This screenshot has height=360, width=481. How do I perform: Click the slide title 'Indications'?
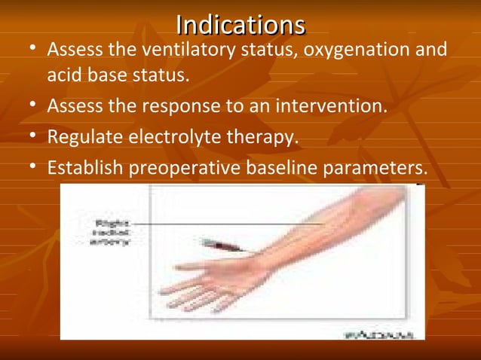click(240, 25)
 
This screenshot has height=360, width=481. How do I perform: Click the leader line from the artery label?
click(226, 223)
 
